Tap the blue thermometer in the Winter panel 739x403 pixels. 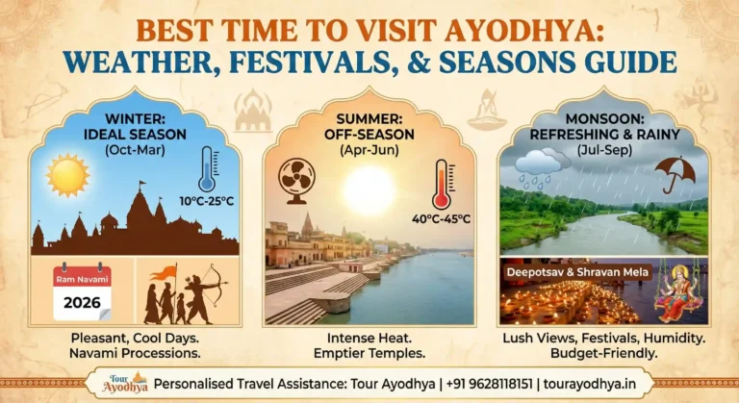tap(207, 170)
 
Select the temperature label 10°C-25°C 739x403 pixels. tap(206, 201)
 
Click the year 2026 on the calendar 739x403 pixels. tap(82, 301)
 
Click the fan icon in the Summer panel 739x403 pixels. tap(295, 180)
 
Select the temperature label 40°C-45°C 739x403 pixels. tap(440, 218)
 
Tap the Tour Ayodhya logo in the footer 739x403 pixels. tap(125, 382)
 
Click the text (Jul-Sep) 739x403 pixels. tap(603, 149)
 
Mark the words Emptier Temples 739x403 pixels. tap(369, 353)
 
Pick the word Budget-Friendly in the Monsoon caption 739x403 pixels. tap(602, 353)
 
